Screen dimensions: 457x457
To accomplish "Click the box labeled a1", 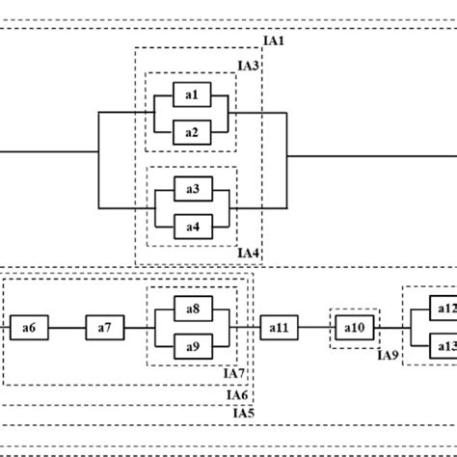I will (191, 94).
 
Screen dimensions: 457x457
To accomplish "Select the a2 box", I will (191, 132).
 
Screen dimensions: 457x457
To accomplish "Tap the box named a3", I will (191, 189).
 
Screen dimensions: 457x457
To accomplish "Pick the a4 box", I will (191, 227).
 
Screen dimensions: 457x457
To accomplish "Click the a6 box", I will (29, 329).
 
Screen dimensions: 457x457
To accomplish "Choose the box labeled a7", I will (104, 329).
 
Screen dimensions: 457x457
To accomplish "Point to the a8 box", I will (191, 309).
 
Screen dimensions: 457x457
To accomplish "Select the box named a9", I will (191, 347).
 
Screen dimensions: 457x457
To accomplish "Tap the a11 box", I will (278, 329).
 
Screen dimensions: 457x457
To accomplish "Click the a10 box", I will (354, 329).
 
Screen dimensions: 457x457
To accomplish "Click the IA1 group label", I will (275, 42).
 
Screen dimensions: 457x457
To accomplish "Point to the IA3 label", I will (249, 66).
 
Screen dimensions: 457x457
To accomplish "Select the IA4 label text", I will (249, 254).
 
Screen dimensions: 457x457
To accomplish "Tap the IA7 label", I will (235, 374).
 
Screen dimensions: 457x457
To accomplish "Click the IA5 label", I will (245, 414).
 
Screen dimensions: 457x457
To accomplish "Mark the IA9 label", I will (388, 356).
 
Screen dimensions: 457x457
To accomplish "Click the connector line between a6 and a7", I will (67, 329).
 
